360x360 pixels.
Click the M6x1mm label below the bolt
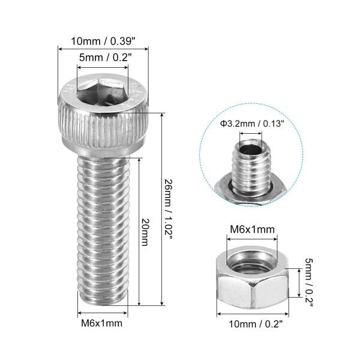102,324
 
